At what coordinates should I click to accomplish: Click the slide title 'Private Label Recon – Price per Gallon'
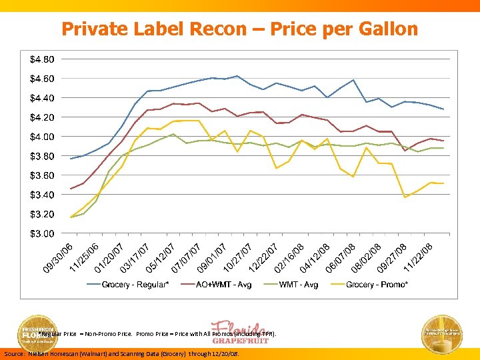click(239, 29)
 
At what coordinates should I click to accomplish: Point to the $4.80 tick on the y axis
click(42, 59)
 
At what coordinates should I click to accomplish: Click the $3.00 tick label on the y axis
click(42, 233)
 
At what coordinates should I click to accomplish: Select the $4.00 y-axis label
click(42, 137)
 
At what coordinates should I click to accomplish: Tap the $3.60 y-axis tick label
click(42, 175)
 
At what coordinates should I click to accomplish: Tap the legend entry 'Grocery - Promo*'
click(377, 285)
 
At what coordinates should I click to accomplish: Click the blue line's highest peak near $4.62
click(237, 76)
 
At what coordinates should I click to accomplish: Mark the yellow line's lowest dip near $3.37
click(405, 197)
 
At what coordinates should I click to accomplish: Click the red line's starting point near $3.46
click(71, 189)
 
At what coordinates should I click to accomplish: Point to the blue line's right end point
click(443, 109)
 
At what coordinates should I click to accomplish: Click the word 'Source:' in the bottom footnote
click(15, 354)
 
